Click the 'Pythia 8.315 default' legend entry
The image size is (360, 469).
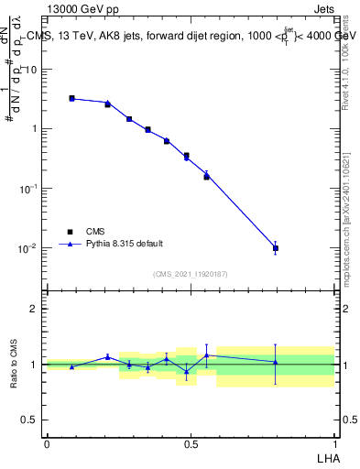[x=125, y=244]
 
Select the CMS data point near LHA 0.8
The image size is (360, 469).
[x=276, y=248]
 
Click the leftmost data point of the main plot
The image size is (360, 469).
[x=71, y=98]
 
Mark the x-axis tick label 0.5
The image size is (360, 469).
[x=190, y=443]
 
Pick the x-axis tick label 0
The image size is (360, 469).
[x=47, y=443]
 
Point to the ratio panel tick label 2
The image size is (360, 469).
[x=36, y=309]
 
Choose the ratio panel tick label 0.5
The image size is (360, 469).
[x=30, y=420]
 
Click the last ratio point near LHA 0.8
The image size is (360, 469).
[x=276, y=362]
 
